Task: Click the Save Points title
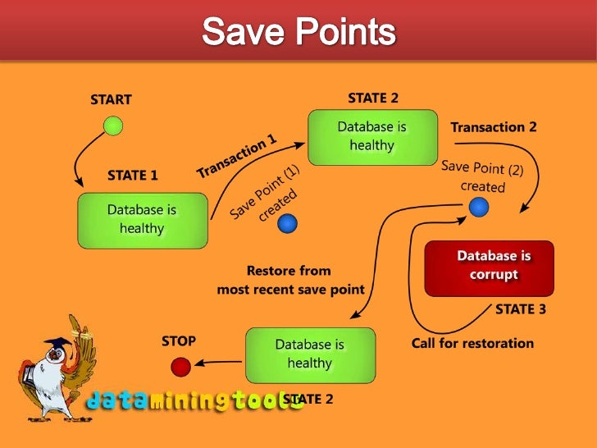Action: coord(298,33)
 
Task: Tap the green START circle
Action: coord(114,126)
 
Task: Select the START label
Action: coord(111,100)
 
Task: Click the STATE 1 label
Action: coord(133,175)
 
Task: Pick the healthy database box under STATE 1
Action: coord(142,220)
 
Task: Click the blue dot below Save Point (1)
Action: coord(287,223)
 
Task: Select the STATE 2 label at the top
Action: coord(373,98)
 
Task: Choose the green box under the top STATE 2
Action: coord(372,137)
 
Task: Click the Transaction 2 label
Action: coord(494,127)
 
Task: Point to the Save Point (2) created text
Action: coord(482,176)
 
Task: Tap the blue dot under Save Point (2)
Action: coord(478,208)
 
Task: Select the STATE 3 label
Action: coord(521,309)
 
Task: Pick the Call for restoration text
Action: coord(472,343)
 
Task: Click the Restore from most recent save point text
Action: coord(290,280)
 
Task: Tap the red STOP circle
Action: coord(180,366)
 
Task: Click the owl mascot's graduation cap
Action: coord(56,345)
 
